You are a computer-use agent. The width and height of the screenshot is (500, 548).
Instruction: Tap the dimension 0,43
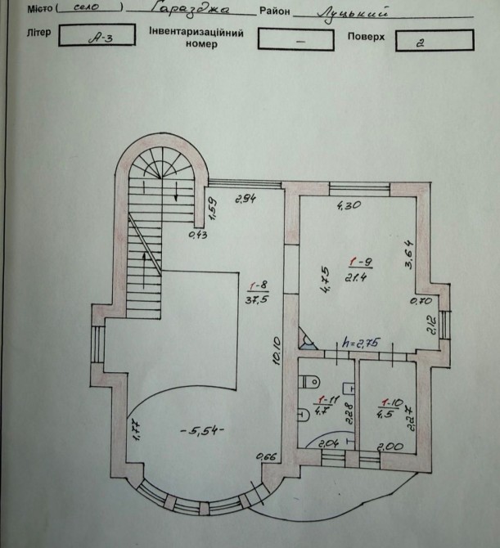pos(198,236)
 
